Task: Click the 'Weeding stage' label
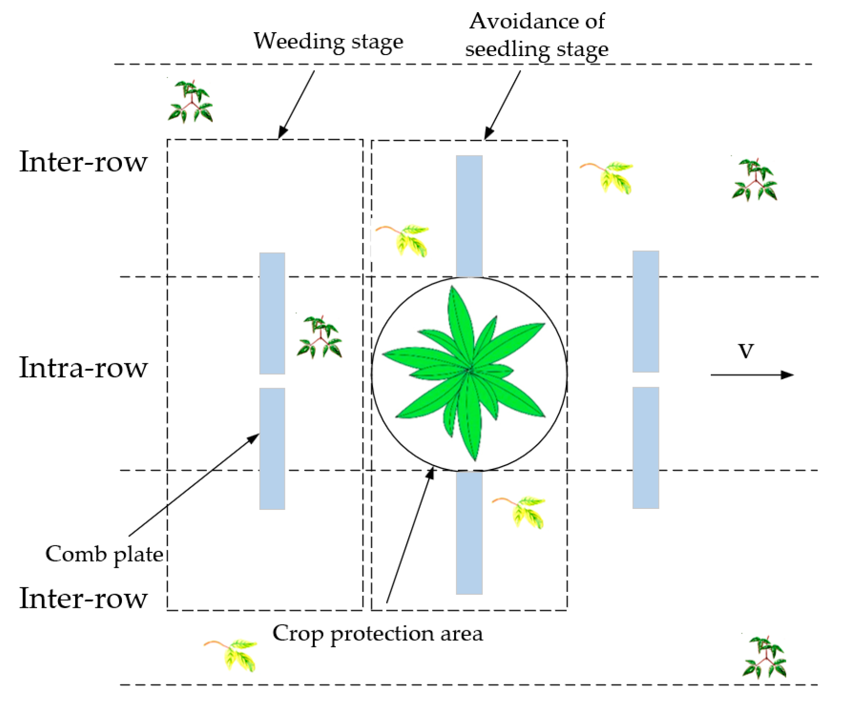pyautogui.click(x=328, y=41)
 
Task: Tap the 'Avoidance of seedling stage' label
pyautogui.click(x=537, y=35)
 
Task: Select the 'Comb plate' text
pyautogui.click(x=104, y=554)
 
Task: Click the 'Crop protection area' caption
pyautogui.click(x=378, y=633)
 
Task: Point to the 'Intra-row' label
pyautogui.click(x=83, y=368)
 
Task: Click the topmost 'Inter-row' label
pyautogui.click(x=83, y=161)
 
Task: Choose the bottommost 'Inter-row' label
pyautogui.click(x=83, y=598)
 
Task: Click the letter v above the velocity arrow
pyautogui.click(x=746, y=350)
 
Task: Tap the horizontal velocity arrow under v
pyautogui.click(x=751, y=374)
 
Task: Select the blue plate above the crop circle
pyautogui.click(x=469, y=216)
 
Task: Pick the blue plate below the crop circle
pyautogui.click(x=469, y=532)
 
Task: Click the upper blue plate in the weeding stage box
pyautogui.click(x=272, y=313)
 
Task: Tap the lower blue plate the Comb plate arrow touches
pyautogui.click(x=272, y=448)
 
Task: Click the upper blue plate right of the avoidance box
pyautogui.click(x=645, y=311)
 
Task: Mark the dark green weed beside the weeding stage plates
pyautogui.click(x=320, y=337)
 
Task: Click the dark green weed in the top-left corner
pyautogui.click(x=190, y=101)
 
